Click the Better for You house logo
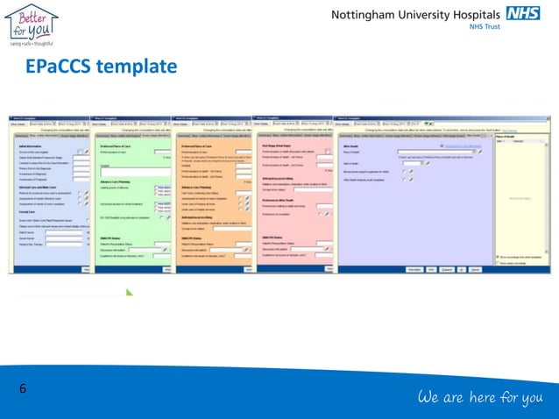click(31, 20)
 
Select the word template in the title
click(139, 67)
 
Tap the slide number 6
click(22, 388)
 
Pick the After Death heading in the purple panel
click(350, 146)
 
